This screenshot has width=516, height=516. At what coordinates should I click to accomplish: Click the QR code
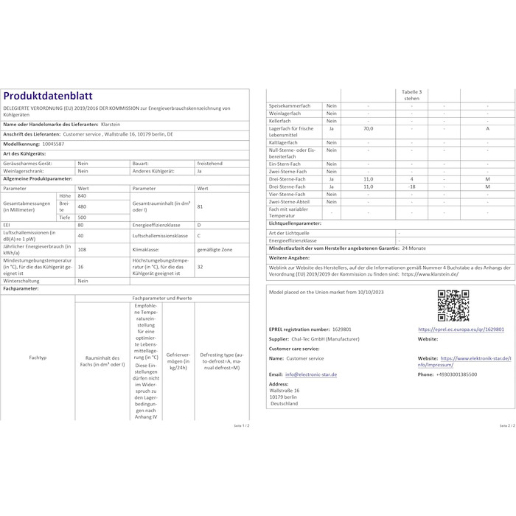[x=453, y=305]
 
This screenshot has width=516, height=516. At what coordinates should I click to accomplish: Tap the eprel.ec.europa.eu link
[x=461, y=330]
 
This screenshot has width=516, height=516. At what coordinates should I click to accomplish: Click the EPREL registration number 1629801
[x=343, y=330]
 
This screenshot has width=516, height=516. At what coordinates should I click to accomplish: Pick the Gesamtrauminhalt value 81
[x=201, y=206]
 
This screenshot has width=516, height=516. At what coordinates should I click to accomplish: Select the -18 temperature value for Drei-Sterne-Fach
[x=411, y=186]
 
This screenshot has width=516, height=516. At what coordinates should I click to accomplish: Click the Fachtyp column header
[x=38, y=358]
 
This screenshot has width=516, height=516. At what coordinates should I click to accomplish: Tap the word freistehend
[x=211, y=163]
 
